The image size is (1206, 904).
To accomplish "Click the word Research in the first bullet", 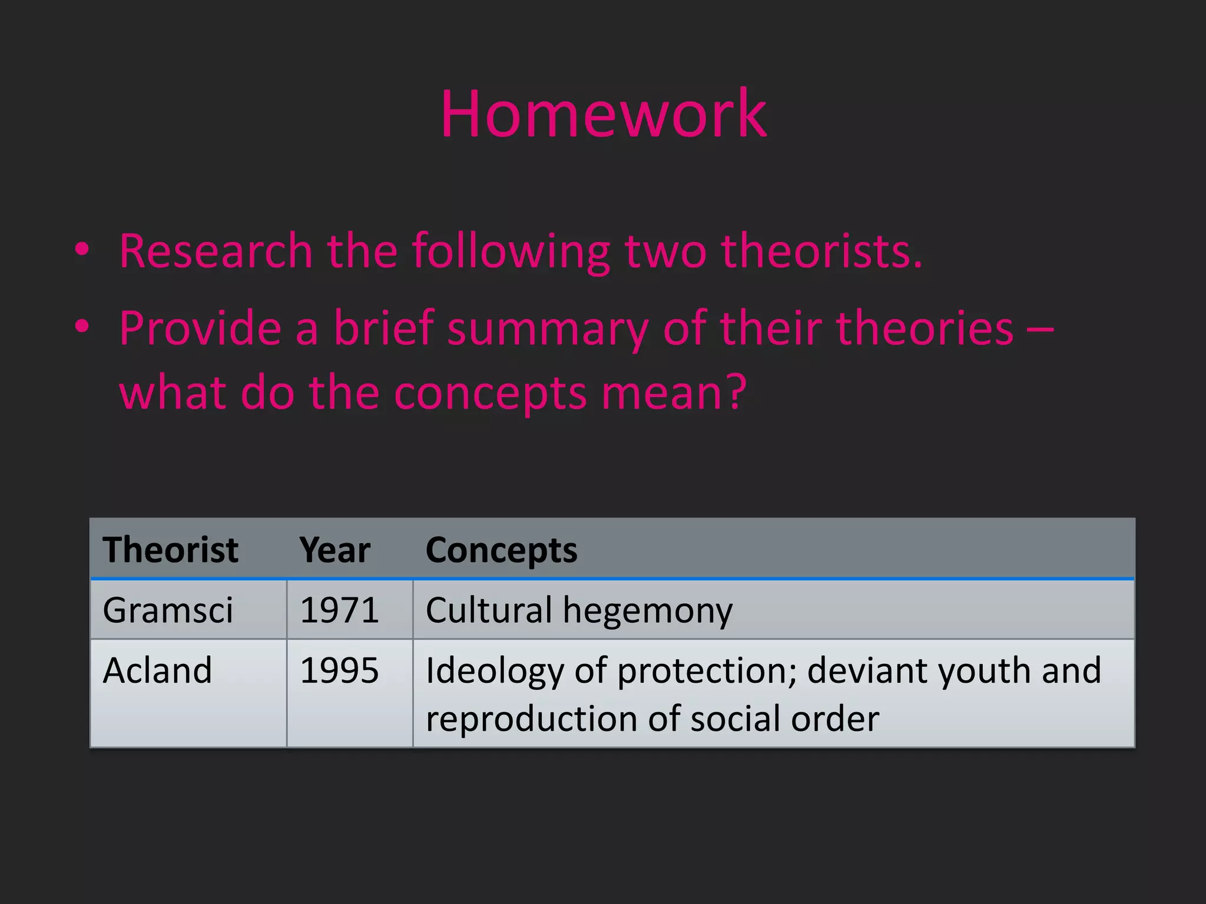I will click(x=216, y=251).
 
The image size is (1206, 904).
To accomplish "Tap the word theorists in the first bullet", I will click(x=821, y=251).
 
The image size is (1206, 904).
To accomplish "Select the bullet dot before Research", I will click(x=82, y=250).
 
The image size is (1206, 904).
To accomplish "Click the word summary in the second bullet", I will click(x=548, y=328).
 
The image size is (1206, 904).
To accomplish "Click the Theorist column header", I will click(x=170, y=550).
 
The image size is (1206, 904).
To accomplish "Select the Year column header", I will click(x=334, y=550).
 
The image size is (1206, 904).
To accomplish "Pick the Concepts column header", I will click(x=501, y=550).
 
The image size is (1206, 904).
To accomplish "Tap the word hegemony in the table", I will click(x=648, y=611).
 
